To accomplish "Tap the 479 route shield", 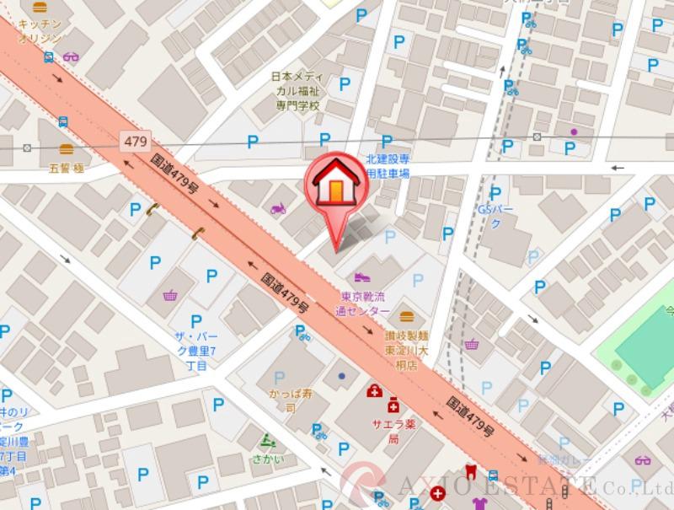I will (x=134, y=141).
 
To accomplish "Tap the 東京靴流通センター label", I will (x=364, y=303).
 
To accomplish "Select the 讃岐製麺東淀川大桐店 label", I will (x=408, y=350).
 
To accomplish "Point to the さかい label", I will (x=267, y=459).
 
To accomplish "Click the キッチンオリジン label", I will (x=39, y=32).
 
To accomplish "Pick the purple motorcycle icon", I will (x=278, y=208).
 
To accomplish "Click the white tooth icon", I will (x=469, y=473).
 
